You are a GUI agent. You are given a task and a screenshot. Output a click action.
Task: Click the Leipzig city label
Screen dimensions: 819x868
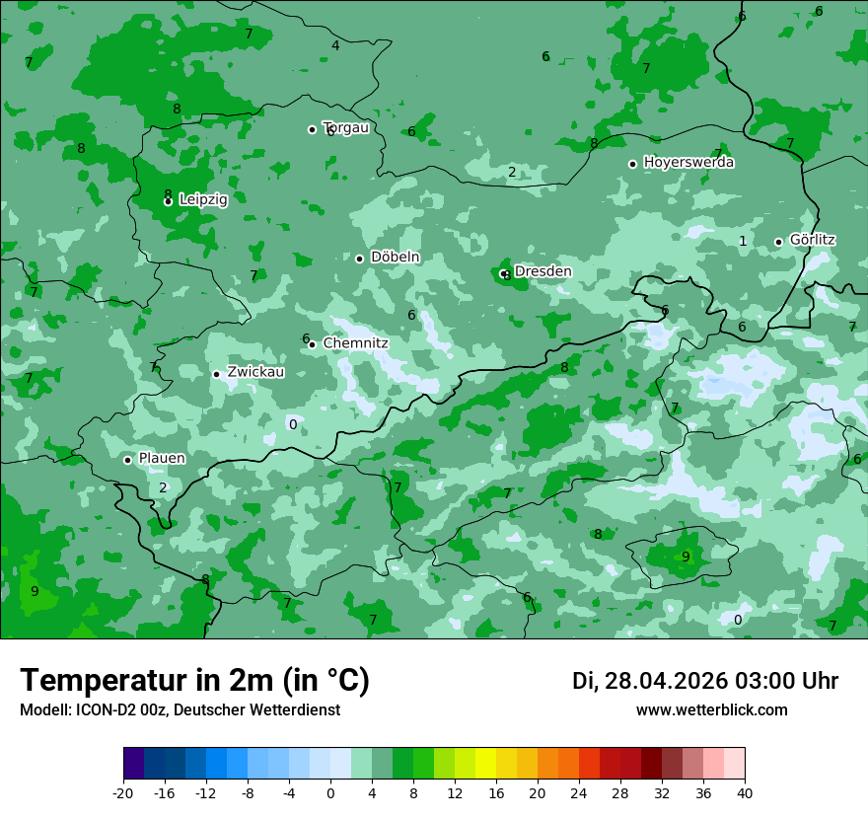tap(203, 199)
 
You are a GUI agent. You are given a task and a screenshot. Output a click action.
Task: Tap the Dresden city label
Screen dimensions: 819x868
tap(542, 271)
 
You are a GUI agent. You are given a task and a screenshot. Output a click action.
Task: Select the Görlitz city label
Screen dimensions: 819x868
tap(812, 240)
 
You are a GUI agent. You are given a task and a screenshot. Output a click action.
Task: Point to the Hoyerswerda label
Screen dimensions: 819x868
tap(688, 162)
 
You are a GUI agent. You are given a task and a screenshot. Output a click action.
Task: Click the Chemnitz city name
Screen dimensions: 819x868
tap(355, 343)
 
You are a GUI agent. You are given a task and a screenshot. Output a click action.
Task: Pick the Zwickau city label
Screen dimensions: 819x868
tap(255, 372)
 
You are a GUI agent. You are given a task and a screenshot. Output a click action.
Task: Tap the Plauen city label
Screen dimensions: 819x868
tap(162, 458)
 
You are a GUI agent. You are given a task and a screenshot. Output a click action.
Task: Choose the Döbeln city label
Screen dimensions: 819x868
tap(395, 257)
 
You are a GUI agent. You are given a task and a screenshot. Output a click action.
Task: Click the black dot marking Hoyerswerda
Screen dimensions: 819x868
tap(632, 164)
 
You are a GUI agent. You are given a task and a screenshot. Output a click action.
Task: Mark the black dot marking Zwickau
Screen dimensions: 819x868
tap(216, 374)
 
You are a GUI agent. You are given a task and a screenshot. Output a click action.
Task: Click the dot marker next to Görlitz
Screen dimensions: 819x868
tap(778, 242)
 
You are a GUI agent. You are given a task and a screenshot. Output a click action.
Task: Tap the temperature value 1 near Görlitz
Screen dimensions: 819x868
tap(743, 242)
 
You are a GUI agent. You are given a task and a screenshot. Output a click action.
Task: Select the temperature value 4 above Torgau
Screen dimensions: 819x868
tap(335, 45)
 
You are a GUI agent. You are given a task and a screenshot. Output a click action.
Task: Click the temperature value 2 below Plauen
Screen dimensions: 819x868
tap(163, 487)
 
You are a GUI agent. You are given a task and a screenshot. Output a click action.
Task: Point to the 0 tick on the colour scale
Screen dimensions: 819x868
tap(330, 793)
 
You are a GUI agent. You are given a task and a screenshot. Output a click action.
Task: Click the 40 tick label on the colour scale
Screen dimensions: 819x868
tap(745, 793)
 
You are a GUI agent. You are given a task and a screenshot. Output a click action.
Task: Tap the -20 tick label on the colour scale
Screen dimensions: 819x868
tap(123, 793)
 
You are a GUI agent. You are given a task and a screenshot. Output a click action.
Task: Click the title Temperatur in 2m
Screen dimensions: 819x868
tap(194, 680)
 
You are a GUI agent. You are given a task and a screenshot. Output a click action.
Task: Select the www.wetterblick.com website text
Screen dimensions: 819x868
tap(711, 709)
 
